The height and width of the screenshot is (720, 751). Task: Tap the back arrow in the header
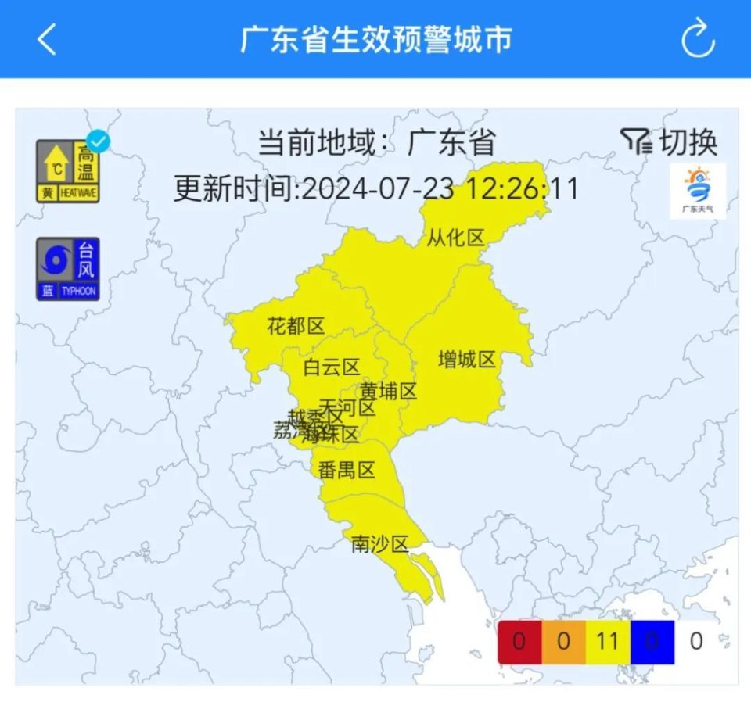(x=47, y=39)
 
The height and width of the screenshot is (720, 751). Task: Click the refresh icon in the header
(x=697, y=39)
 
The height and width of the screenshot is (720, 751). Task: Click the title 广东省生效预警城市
(x=375, y=39)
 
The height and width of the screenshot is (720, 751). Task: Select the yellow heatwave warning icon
(x=67, y=171)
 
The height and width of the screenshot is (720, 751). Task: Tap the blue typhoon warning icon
(x=67, y=269)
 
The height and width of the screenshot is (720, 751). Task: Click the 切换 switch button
(x=670, y=142)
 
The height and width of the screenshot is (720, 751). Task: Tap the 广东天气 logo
(x=697, y=191)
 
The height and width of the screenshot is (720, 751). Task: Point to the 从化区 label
(x=456, y=238)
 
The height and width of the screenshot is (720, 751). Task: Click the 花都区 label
(x=296, y=326)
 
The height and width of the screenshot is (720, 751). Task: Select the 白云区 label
(x=331, y=367)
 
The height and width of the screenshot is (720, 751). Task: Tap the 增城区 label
(x=467, y=360)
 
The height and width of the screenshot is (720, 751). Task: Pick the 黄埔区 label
(x=389, y=391)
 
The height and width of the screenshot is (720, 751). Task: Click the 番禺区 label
(x=347, y=470)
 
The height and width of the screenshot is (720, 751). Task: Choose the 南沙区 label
(x=380, y=544)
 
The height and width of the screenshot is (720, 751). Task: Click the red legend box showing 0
(x=519, y=642)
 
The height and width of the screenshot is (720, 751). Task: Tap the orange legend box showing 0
(x=563, y=642)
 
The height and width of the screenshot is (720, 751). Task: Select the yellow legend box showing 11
(x=607, y=642)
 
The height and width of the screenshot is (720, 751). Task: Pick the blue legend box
(x=652, y=642)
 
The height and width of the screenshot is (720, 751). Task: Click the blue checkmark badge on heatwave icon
(x=99, y=141)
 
